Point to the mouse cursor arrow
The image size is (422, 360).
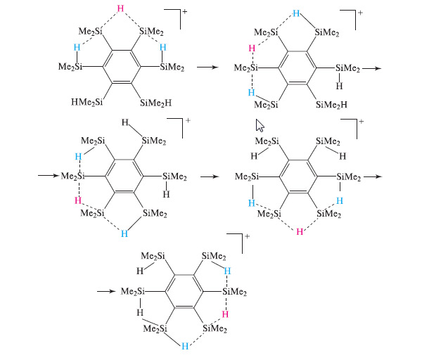coord(260,126)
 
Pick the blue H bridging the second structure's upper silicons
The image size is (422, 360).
coord(297,13)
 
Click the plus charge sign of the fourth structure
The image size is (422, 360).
coord(361,122)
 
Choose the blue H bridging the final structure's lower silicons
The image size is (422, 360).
coord(185,346)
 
